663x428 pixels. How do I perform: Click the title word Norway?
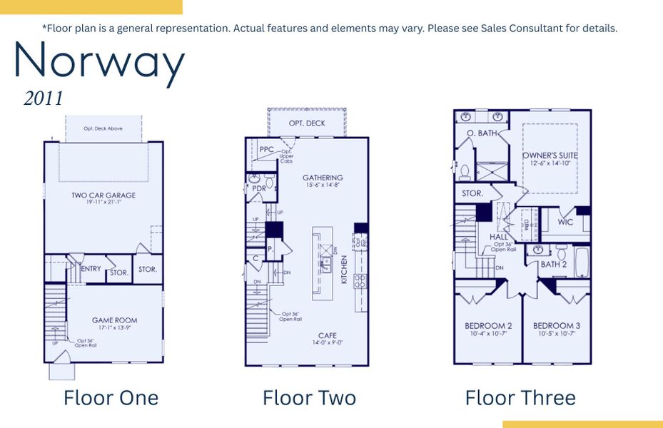point(99,63)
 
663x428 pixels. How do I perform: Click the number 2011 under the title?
point(44,98)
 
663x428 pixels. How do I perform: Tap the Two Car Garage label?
point(103,195)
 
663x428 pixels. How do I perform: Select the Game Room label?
point(114,320)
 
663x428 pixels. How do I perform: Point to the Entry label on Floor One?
point(91,269)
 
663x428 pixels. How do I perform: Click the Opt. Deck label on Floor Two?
point(307,123)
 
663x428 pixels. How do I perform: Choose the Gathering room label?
point(323,178)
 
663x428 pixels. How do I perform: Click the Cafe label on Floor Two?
point(328,335)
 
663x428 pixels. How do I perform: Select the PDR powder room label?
point(259,188)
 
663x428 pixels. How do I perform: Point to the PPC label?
point(266,149)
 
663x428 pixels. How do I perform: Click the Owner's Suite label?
point(550,156)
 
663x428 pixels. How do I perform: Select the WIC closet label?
point(565,222)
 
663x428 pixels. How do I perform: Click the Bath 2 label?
point(553,264)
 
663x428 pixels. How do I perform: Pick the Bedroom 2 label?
point(488,326)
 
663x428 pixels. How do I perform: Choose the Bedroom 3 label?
point(557,326)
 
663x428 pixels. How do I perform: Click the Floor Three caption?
point(520,397)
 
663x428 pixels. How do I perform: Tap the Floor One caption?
point(111,397)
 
